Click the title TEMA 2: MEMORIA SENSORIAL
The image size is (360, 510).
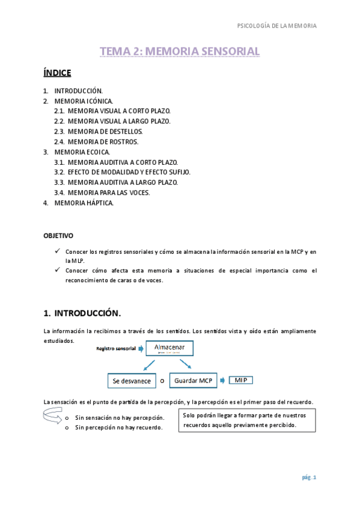point(180,52)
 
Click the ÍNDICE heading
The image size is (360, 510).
point(57,73)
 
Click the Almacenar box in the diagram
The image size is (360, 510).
point(174,349)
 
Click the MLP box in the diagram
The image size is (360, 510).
point(241,380)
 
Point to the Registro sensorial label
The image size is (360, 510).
point(116,349)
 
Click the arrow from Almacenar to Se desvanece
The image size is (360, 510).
point(148,366)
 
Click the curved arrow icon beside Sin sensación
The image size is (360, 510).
point(52,415)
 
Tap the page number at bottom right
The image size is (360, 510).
point(309,478)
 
